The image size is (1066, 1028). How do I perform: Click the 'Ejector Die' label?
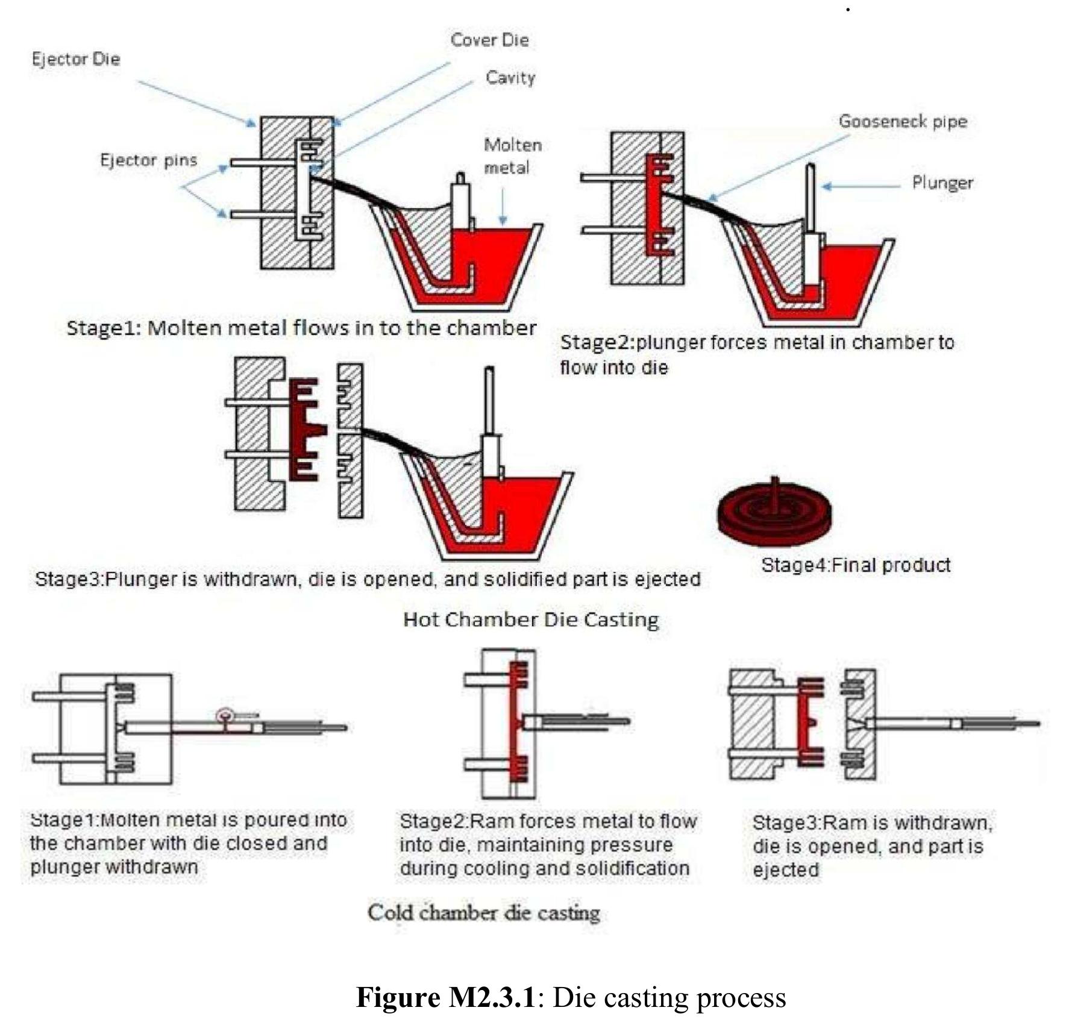[76, 59]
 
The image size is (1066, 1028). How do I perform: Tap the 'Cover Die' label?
[489, 40]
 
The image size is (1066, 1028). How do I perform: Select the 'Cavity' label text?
[510, 78]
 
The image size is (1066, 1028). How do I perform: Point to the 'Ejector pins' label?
[148, 160]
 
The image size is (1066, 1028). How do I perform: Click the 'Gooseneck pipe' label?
[903, 122]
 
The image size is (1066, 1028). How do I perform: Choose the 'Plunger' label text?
[942, 183]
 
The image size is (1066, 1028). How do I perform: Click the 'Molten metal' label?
[512, 156]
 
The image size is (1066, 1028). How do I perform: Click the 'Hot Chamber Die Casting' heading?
[531, 619]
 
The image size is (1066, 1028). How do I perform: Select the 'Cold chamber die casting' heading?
[484, 912]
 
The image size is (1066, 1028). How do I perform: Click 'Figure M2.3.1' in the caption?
[446, 997]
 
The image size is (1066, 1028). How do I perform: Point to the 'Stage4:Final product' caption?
[856, 565]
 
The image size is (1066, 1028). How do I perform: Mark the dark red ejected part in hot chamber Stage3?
[305, 429]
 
